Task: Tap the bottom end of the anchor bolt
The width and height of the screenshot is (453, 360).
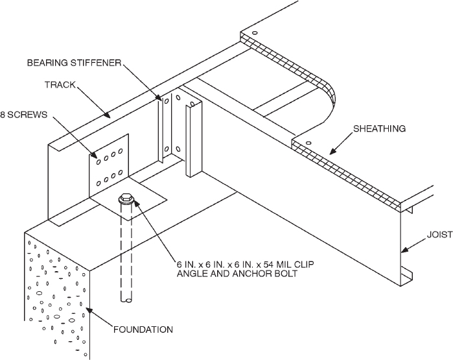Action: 126,300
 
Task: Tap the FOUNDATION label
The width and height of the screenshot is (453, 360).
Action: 143,330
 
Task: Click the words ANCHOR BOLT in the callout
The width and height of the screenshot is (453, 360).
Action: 248,273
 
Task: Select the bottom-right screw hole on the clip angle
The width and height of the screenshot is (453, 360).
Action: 121,173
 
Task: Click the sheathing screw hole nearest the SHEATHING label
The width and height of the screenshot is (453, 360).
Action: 308,143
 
